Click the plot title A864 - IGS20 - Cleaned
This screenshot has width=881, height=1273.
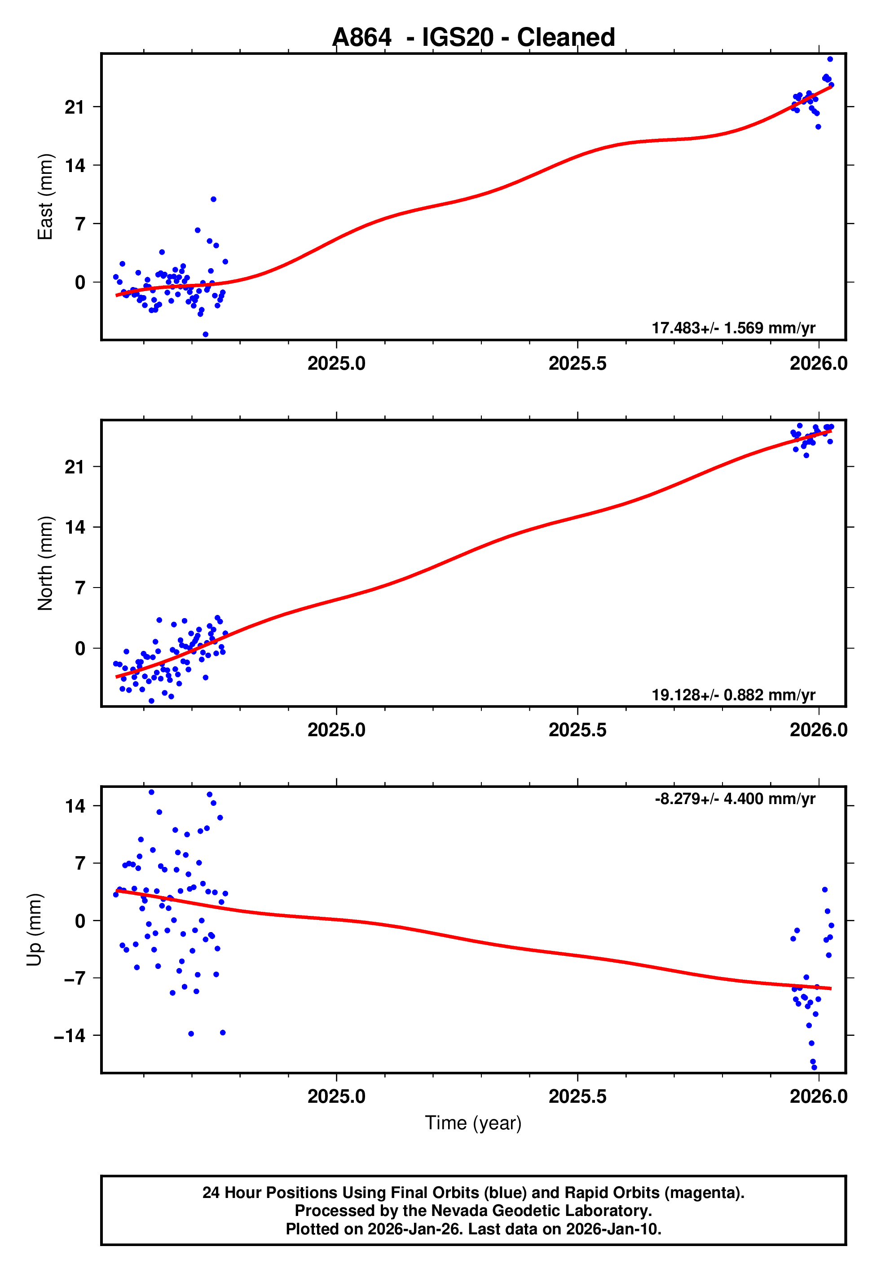point(473,38)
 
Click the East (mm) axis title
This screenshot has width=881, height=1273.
point(45,197)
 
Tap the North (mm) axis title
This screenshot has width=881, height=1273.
point(45,563)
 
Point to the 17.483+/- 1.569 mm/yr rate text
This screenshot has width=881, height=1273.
point(733,328)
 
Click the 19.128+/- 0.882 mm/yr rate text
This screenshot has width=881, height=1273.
point(733,694)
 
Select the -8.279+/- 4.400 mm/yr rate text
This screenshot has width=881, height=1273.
point(735,799)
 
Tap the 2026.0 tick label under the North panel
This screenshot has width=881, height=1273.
point(818,730)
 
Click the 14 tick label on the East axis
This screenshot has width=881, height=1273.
point(75,165)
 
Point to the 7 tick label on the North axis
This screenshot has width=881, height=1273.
point(80,588)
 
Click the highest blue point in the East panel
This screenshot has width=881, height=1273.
point(830,59)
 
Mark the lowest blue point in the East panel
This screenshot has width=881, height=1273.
point(205,335)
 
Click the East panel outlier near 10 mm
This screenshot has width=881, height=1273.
point(214,199)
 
